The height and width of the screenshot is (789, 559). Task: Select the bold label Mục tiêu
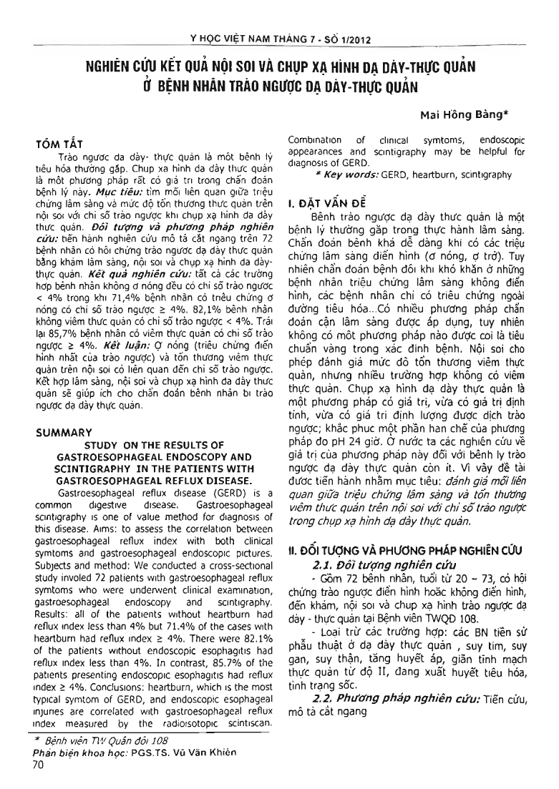click(x=113, y=202)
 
